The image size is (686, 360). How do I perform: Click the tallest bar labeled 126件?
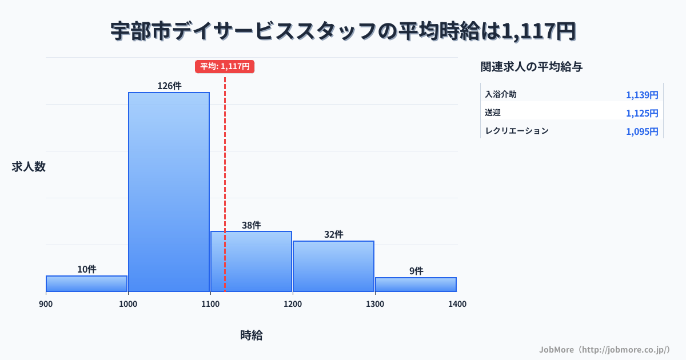(169, 191)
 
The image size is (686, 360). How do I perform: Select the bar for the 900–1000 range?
(86, 283)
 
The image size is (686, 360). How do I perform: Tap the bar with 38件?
(251, 261)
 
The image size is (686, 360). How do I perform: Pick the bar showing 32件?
(333, 266)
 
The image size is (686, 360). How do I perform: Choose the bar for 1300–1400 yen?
(416, 285)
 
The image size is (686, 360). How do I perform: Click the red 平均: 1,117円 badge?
(225, 66)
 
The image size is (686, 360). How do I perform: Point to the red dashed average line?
(225, 171)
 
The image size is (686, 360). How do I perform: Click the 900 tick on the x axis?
(46, 304)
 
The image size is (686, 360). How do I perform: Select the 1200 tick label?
(293, 304)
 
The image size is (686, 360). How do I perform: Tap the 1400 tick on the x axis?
(457, 304)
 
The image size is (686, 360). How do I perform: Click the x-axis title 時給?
(252, 335)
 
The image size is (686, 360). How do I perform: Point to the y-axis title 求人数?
(29, 167)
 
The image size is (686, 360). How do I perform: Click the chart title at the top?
(343, 31)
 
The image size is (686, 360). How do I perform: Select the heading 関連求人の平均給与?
(532, 67)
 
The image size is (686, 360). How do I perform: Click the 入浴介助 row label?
(501, 94)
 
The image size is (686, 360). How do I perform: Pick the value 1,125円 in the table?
(642, 113)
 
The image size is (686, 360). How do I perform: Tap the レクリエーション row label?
(517, 131)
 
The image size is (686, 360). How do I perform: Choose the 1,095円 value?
(642, 131)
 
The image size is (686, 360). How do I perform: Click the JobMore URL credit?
(604, 349)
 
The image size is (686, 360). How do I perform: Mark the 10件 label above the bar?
(87, 269)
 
